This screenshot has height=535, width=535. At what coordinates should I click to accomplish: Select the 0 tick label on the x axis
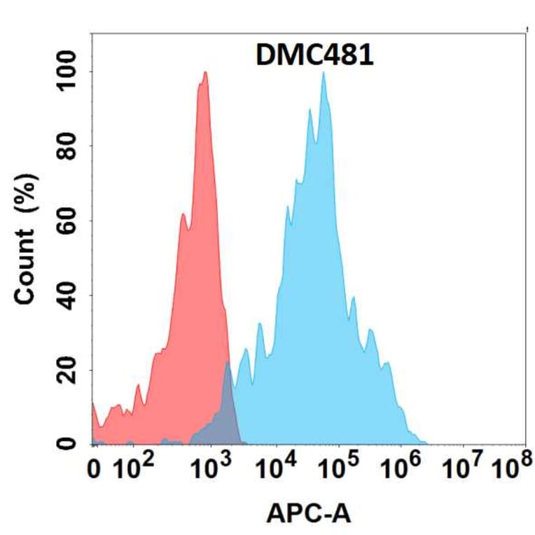coord(95,471)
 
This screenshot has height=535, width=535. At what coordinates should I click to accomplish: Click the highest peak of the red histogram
coord(204,73)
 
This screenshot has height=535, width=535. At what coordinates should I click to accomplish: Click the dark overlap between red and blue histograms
coord(225,413)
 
